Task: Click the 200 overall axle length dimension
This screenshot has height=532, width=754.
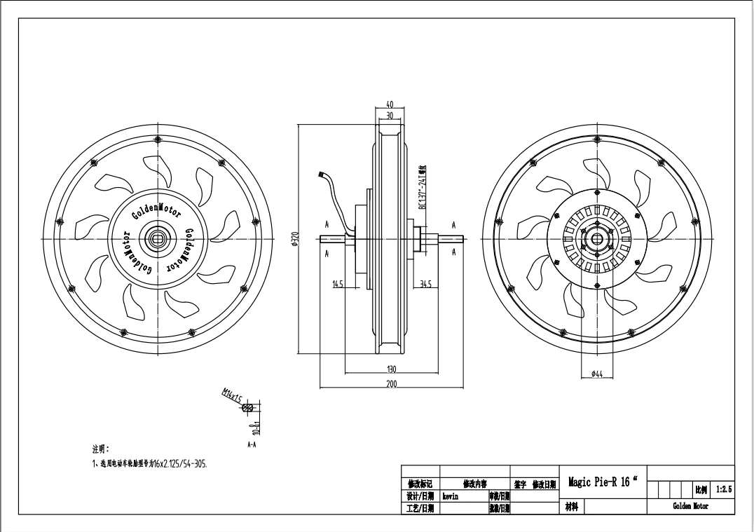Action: pos(391,383)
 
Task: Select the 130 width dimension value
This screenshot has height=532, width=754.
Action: pos(391,369)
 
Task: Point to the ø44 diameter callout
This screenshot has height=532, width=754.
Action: pos(597,374)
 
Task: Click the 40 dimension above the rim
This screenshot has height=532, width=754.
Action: pos(390,104)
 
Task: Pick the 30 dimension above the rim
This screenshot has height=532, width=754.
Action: pos(390,115)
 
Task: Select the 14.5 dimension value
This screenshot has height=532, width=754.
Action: pos(338,284)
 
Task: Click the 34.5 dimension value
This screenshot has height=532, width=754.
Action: pos(425,284)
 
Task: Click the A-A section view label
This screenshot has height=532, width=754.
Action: pos(252,444)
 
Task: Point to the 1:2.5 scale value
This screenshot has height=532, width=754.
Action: pos(723,489)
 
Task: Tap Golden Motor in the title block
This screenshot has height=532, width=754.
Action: pos(690,506)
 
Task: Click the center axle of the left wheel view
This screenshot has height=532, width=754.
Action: pos(156,239)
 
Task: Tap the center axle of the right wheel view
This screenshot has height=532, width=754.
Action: pos(597,239)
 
